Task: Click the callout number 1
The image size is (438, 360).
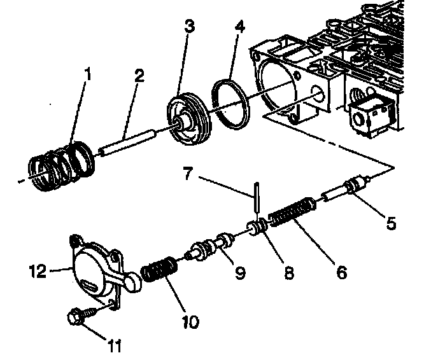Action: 88,76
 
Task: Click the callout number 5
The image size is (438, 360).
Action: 391,223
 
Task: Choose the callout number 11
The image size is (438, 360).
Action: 114,347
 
